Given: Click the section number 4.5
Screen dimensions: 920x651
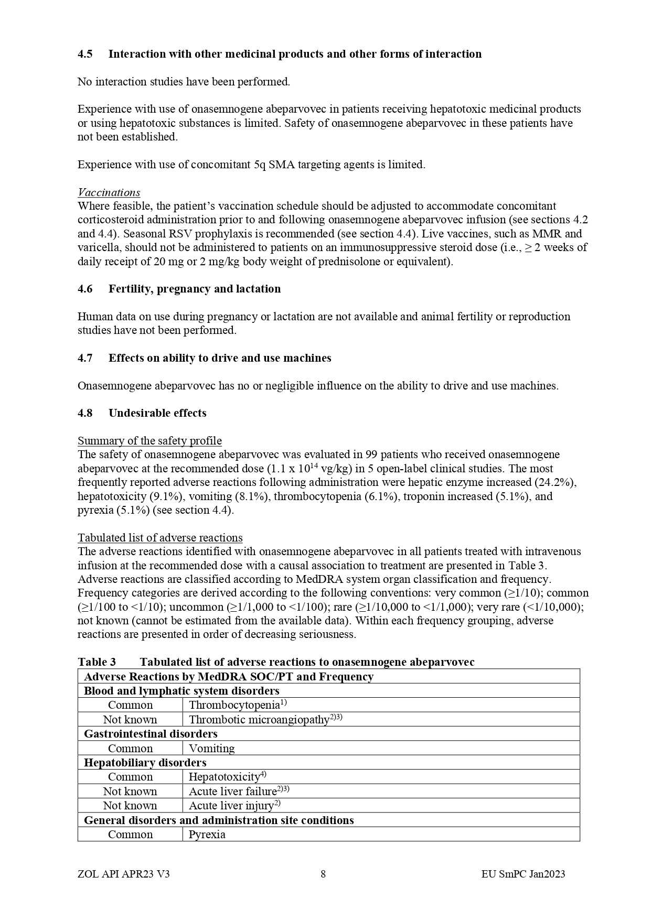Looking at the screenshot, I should (85, 54).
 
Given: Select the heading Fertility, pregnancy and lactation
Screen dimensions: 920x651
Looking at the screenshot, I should (194, 289).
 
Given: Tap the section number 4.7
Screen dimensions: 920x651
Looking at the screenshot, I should (85, 358).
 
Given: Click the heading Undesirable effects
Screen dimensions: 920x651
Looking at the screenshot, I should (157, 413).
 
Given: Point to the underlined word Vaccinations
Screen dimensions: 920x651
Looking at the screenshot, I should (109, 192).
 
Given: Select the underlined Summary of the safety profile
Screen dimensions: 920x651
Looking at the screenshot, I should (150, 441).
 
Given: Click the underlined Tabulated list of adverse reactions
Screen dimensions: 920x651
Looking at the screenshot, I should (160, 538).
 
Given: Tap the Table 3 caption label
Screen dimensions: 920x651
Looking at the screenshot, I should (97, 662).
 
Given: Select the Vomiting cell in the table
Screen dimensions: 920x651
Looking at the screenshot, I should (211, 749).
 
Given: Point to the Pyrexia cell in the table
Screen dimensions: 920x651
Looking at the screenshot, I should (207, 835).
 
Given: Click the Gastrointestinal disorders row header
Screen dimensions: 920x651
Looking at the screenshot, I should (151, 734).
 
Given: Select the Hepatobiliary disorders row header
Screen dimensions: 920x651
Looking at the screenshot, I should (145, 763).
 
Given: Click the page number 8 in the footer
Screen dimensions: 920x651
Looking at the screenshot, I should (323, 874).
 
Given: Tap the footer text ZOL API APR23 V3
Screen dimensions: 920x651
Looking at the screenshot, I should (123, 874).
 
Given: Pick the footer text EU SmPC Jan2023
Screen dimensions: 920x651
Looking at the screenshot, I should (523, 874).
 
